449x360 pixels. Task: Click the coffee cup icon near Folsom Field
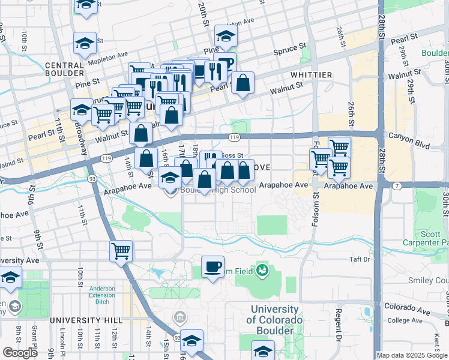[x=212, y=267]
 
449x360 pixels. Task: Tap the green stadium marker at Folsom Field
[x=262, y=271]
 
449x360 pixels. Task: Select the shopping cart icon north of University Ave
[x=121, y=251]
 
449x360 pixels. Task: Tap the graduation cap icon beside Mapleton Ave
[x=85, y=44]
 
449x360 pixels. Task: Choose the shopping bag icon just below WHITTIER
[x=243, y=84]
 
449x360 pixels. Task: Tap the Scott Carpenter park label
[x=431, y=238]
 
